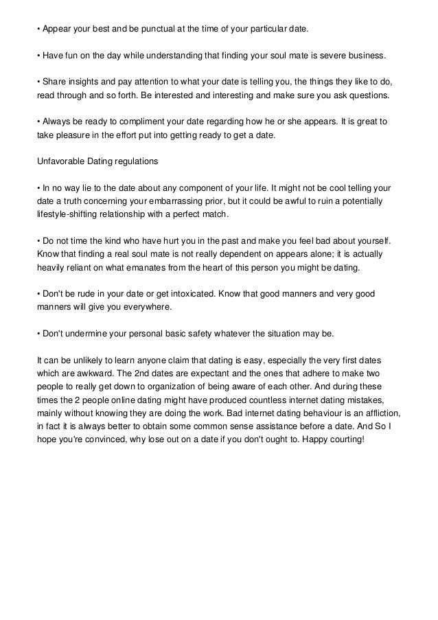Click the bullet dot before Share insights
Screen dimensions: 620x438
[38, 81]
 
